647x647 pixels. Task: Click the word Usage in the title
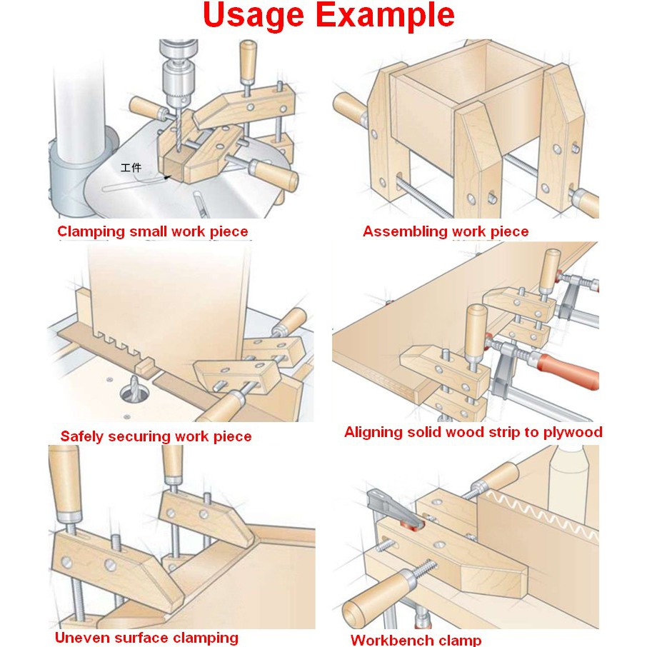[x=254, y=16]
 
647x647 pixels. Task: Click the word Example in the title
[x=386, y=16]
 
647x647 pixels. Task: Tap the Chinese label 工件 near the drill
[x=131, y=168]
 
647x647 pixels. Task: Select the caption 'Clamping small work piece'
[x=153, y=231]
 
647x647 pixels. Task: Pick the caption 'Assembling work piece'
[x=446, y=231]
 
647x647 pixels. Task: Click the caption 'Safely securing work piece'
[x=156, y=436]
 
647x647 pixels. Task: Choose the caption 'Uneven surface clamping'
[x=146, y=638]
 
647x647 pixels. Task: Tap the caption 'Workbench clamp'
[x=416, y=640]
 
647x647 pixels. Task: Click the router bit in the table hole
[x=135, y=388]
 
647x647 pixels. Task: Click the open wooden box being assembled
[x=471, y=103]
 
